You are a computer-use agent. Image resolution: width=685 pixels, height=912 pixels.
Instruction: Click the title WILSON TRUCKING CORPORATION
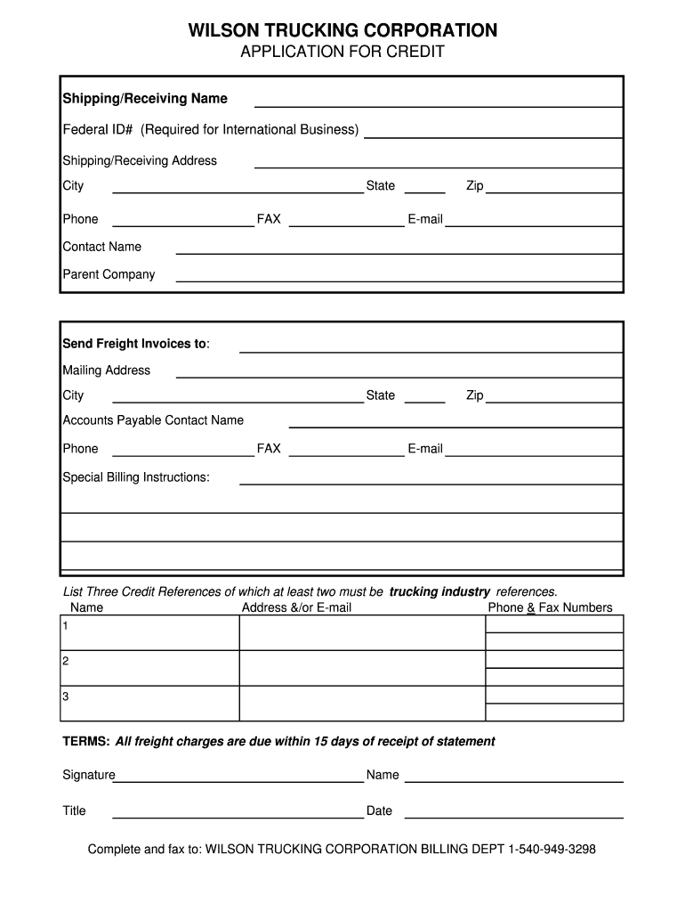[342, 31]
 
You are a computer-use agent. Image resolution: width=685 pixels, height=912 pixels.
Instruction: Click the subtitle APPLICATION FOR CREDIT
[342, 53]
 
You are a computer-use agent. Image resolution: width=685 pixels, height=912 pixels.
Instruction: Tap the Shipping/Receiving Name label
[144, 98]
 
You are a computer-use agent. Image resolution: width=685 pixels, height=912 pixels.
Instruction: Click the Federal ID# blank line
[493, 135]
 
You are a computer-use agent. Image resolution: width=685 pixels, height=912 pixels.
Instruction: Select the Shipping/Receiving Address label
[140, 160]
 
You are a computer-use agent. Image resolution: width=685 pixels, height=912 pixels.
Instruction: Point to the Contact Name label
[101, 247]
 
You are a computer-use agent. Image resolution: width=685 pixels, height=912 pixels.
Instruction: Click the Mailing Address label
[106, 370]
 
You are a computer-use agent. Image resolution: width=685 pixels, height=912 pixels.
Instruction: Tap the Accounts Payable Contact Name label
[152, 419]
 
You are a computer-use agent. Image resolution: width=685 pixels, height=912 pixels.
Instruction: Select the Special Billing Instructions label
[136, 477]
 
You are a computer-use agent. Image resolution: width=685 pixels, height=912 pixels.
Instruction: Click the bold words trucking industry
[439, 591]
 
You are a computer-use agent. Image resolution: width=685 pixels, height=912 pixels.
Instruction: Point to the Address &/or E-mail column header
[296, 607]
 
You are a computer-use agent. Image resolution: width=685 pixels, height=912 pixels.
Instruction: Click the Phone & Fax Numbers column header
[550, 607]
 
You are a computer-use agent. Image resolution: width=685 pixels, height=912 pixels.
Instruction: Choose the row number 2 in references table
[65, 661]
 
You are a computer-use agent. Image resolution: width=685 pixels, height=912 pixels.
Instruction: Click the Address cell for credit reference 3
[361, 704]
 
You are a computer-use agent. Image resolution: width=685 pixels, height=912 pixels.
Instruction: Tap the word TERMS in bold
[85, 741]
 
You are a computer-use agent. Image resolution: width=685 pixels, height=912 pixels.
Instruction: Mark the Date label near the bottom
[379, 810]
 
